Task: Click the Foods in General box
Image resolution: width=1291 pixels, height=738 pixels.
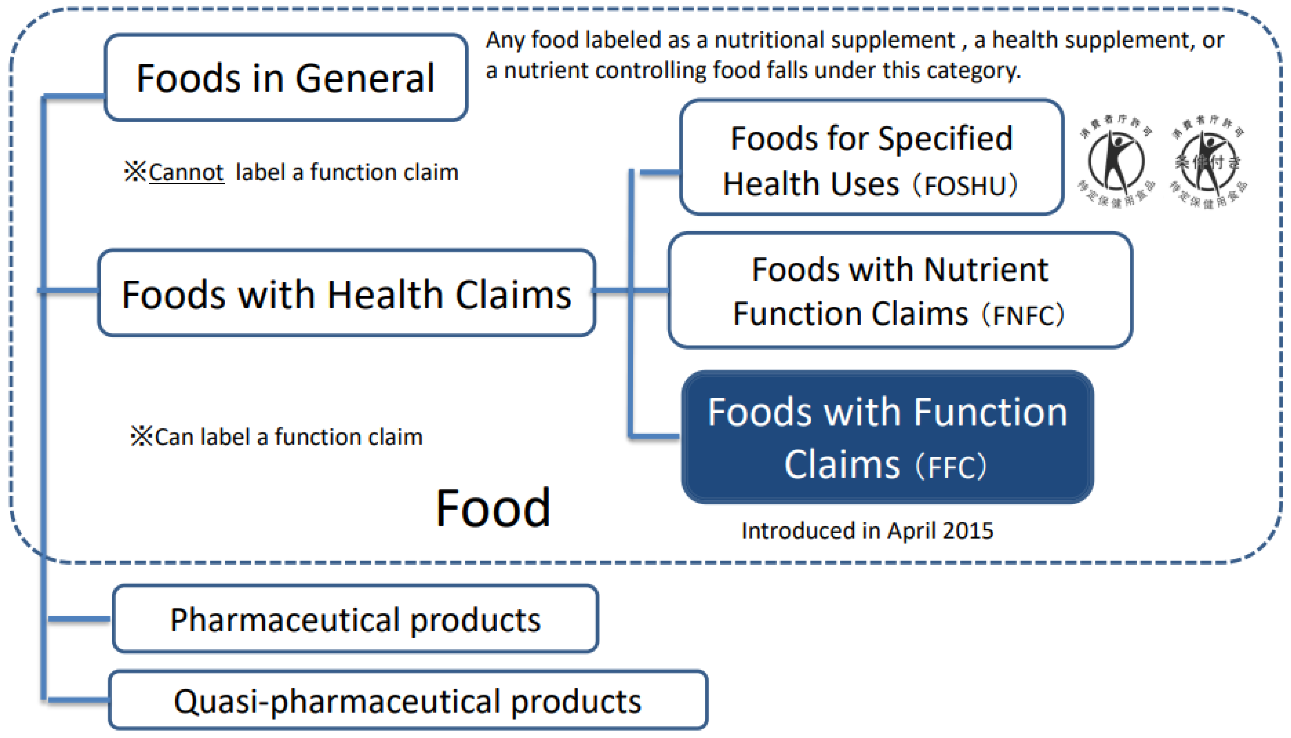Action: [285, 78]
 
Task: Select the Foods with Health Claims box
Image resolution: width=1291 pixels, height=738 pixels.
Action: [346, 293]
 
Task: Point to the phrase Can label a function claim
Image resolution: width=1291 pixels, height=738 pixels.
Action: [288, 437]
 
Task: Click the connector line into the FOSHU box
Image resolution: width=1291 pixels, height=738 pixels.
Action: [659, 173]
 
